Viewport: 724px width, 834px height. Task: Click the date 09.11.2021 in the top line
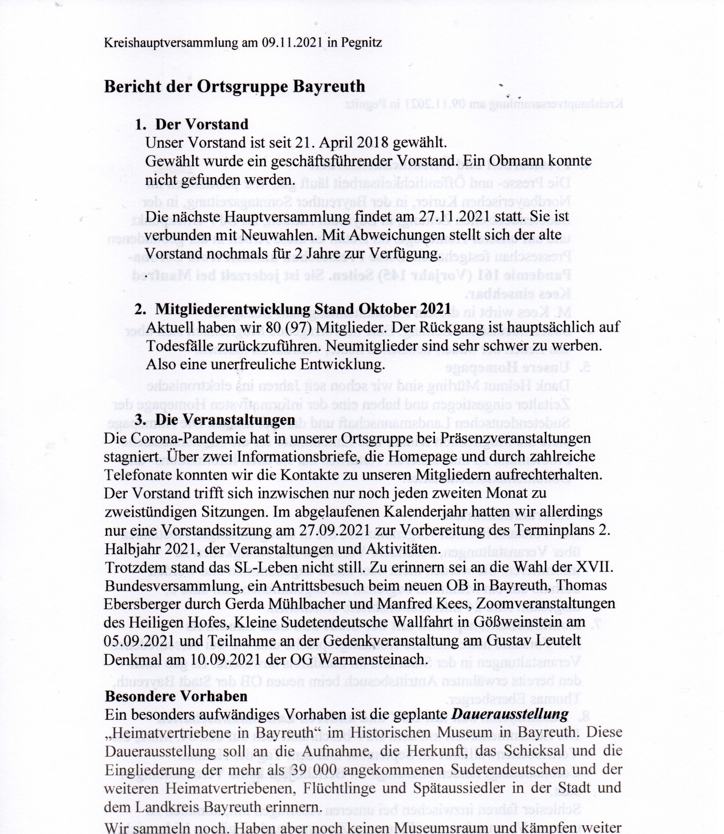coord(292,43)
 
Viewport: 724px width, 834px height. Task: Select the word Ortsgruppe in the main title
coord(242,87)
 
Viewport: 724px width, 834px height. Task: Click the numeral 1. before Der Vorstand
coord(141,124)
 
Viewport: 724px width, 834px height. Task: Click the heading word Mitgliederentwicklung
coord(233,309)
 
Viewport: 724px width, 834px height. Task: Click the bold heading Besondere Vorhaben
coord(176,696)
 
